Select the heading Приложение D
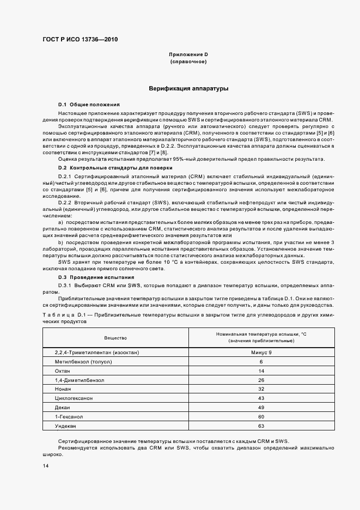click(188, 55)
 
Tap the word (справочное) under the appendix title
click(188, 62)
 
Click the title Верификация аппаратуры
click(188, 88)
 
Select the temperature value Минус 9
click(261, 352)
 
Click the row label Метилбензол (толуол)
click(79, 362)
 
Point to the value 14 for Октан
click(261, 371)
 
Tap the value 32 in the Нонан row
click(261, 389)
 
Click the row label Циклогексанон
click(74, 398)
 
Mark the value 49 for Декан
click(261, 408)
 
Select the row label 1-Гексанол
click(68, 417)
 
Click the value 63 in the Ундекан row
click(261, 426)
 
